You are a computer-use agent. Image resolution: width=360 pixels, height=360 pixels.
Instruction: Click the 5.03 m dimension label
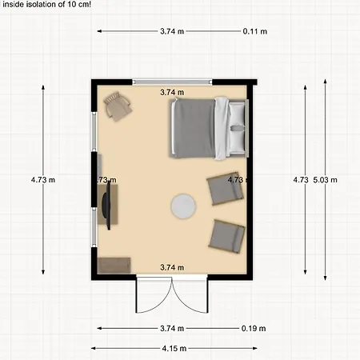325,180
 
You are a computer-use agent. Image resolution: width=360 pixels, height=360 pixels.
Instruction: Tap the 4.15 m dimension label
174,348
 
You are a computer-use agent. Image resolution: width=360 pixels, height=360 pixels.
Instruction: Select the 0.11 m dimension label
255,31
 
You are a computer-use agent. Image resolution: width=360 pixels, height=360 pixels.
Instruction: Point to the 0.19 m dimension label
254,328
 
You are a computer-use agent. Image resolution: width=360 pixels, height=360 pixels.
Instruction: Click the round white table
183,206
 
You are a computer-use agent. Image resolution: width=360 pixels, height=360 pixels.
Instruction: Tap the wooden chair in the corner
118,106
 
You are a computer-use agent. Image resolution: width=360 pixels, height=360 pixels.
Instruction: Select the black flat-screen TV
108,205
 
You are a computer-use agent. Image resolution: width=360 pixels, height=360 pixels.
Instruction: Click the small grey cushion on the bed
237,128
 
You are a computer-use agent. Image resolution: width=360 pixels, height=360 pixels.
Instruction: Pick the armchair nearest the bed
226,189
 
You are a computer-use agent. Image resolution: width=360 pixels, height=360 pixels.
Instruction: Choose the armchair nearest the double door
227,236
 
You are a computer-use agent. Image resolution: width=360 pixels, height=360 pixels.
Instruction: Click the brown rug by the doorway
114,266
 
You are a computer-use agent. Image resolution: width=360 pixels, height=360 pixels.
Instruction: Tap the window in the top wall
172,82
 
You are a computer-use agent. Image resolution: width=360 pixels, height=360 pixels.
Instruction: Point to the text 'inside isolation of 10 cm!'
47,4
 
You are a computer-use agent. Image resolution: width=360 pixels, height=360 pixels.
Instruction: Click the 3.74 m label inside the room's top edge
172,93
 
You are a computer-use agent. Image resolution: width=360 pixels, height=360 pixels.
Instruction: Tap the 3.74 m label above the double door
172,267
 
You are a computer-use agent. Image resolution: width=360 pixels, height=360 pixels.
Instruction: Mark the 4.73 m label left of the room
43,180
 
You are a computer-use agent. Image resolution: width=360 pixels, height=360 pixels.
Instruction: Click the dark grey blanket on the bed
194,128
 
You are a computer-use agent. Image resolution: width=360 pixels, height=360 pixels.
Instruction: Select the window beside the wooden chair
94,131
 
